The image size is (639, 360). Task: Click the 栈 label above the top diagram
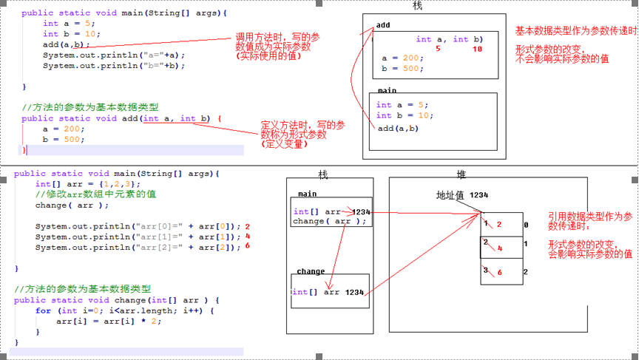point(416,6)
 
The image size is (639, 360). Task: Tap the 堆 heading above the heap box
point(461,174)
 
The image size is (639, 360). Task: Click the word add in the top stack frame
point(383,25)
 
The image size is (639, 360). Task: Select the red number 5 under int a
point(438,49)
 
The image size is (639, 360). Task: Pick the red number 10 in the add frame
point(476,49)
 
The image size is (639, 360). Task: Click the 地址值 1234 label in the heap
point(462,194)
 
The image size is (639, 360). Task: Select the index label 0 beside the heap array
point(526,224)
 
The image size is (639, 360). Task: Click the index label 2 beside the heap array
point(526,272)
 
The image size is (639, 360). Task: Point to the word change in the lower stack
point(311,271)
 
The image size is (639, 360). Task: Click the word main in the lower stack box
point(308,194)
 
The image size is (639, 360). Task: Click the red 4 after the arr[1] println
point(248,237)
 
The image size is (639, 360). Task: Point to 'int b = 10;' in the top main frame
point(402,115)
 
